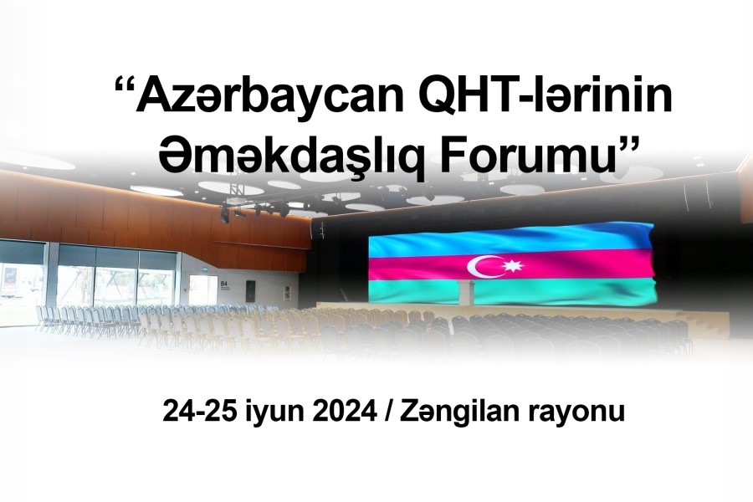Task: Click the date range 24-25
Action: (200, 411)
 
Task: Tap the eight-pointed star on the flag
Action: (513, 265)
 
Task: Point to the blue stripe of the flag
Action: (510, 238)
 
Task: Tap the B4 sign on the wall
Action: (223, 284)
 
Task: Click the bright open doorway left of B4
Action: (202, 289)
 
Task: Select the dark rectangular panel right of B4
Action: (250, 291)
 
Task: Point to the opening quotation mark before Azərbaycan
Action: (125, 83)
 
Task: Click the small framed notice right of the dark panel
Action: (287, 293)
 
